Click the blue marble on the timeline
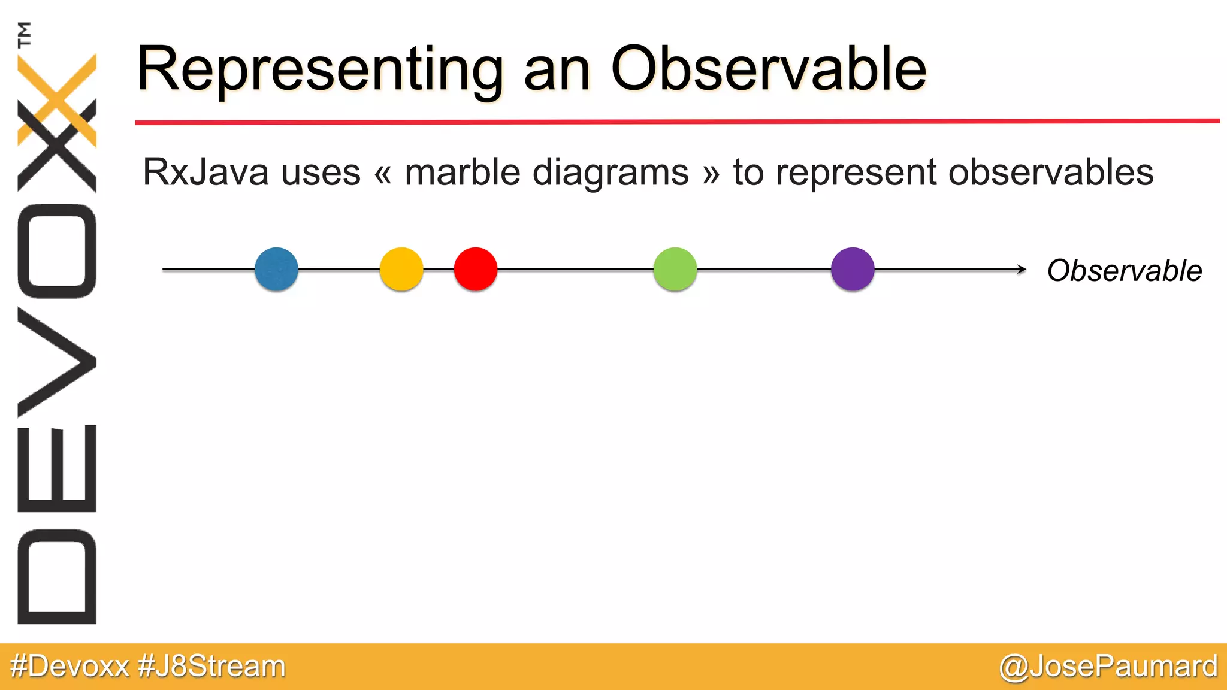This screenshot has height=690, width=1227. [x=276, y=270]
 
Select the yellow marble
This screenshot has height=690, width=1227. [x=401, y=270]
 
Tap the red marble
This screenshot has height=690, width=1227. [x=476, y=270]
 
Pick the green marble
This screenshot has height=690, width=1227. [x=675, y=270]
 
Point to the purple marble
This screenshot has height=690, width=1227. [x=853, y=270]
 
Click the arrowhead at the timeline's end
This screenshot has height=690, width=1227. [x=1022, y=270]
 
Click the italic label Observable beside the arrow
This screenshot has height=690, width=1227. [x=1124, y=271]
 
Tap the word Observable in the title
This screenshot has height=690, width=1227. [x=768, y=69]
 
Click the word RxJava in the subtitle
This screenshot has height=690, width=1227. [x=205, y=172]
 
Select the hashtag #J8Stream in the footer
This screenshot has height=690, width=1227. [x=211, y=667]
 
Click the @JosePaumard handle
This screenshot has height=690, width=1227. [x=1108, y=667]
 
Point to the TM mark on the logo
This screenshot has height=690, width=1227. [x=25, y=34]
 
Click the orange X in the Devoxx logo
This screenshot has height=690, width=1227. [x=58, y=99]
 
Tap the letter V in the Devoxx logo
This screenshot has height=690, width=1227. [x=57, y=362]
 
